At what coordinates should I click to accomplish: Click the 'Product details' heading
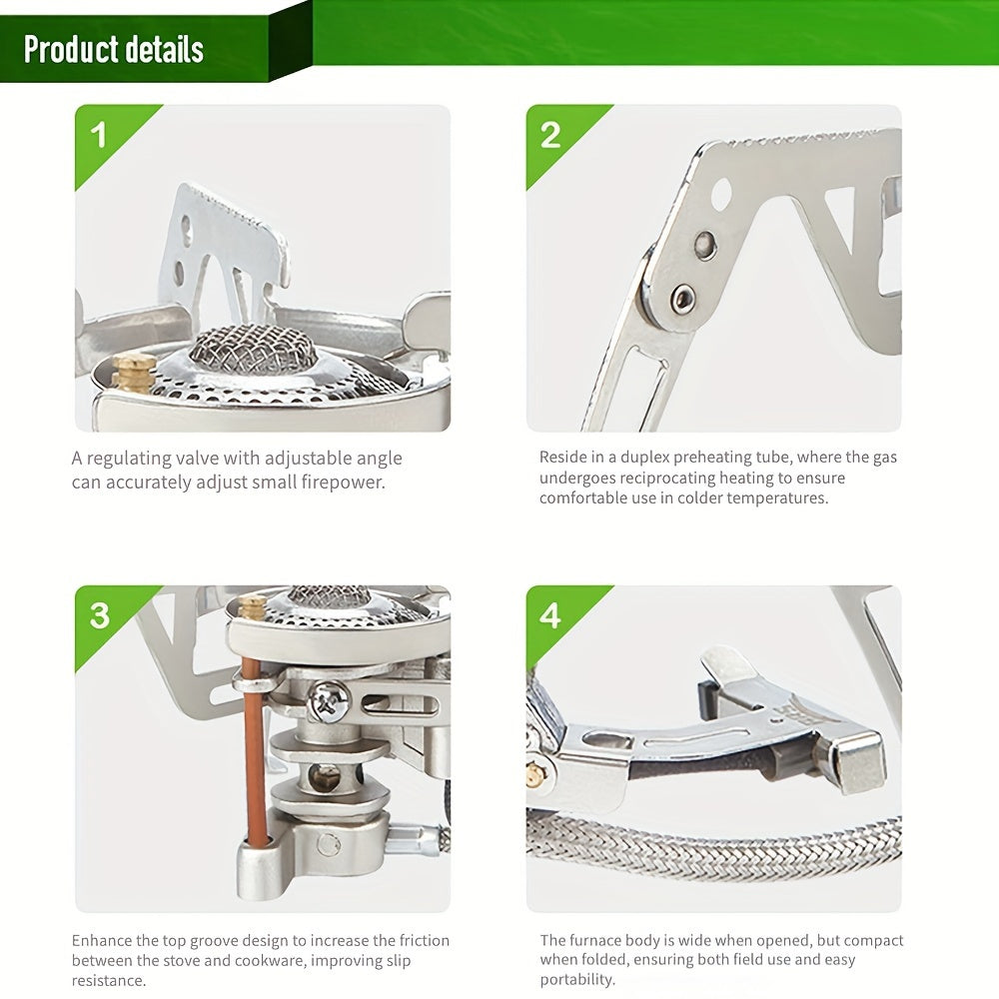pos(114,49)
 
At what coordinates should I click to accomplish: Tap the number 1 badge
pos(99,135)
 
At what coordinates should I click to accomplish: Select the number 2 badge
pos(550,135)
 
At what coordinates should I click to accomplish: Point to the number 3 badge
pos(99,615)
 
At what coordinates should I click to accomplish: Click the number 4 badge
pos(550,615)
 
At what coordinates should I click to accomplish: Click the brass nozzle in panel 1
pos(135,373)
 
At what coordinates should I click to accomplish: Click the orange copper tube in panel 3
pos(254,752)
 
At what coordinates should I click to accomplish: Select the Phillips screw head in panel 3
pos(328,700)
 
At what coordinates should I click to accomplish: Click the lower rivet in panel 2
pos(684,297)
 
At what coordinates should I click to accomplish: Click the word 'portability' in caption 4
pos(576,980)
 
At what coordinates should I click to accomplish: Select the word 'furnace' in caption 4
pos(594,940)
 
